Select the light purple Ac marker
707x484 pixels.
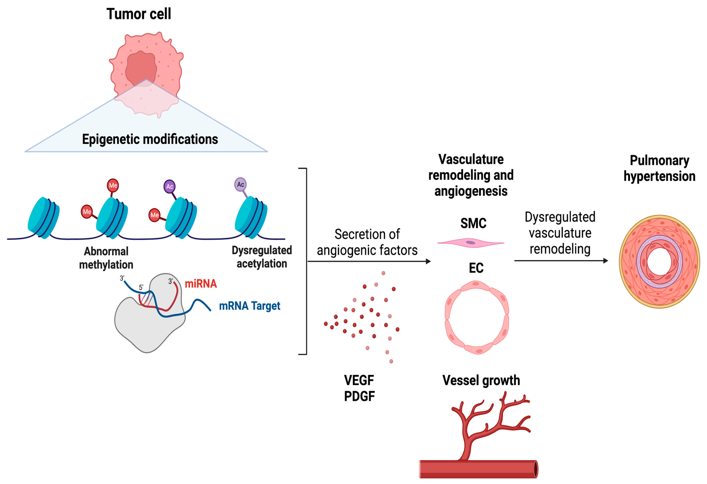click(x=240, y=184)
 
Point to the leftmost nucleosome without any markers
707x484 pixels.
click(x=43, y=218)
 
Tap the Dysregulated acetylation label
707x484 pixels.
click(x=262, y=257)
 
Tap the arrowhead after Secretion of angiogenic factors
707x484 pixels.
click(x=428, y=261)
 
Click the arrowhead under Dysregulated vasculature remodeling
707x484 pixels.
click(x=605, y=261)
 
